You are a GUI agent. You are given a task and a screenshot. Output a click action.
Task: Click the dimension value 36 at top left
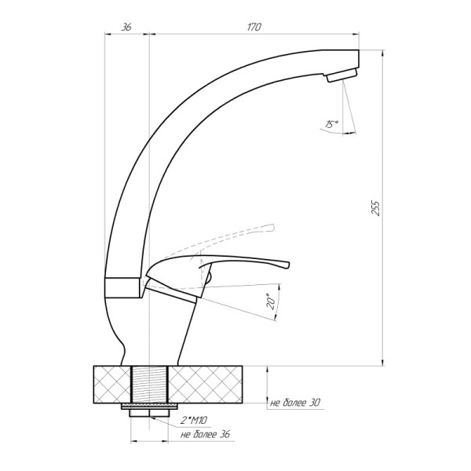click(x=126, y=27)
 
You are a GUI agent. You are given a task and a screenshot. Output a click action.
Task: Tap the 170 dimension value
click(x=254, y=27)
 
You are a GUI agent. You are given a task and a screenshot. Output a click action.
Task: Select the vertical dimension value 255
click(x=376, y=207)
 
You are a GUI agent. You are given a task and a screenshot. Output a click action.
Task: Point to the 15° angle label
click(x=331, y=124)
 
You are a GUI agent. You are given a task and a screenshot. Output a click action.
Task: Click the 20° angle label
click(x=271, y=301)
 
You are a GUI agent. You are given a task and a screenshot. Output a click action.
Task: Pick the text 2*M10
click(x=194, y=420)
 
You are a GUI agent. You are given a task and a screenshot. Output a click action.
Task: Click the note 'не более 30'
click(x=295, y=403)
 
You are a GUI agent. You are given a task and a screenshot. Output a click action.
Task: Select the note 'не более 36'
click(x=205, y=434)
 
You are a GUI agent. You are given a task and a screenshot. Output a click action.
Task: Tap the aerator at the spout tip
click(x=342, y=75)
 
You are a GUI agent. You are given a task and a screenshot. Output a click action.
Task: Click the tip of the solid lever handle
click(x=288, y=265)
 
